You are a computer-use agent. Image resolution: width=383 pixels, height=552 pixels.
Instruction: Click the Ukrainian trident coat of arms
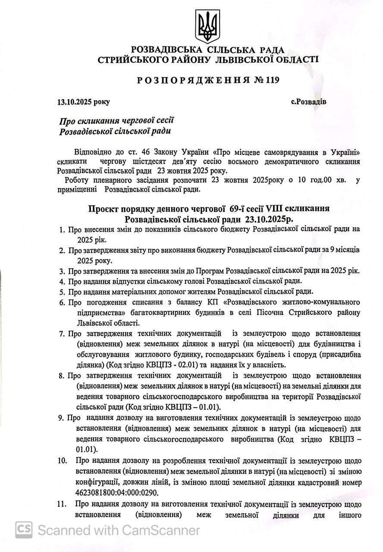click(208, 26)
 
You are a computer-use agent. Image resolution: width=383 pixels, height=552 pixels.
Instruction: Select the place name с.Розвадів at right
click(308, 102)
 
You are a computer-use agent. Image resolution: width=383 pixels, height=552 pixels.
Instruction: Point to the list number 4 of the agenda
click(62, 281)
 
